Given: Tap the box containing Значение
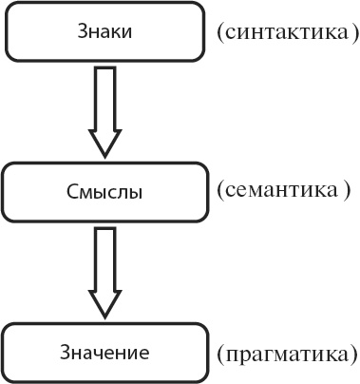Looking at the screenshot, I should pos(104,353).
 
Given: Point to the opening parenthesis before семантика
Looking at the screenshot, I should pos(219,190).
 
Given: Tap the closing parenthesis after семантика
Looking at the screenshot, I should pos(346,190).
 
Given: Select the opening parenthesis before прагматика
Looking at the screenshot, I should pos(220,355).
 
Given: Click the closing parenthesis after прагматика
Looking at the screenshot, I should pos(352,355).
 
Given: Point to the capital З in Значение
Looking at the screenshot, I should pos(64,353).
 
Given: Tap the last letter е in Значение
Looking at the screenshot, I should pos(145,354).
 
